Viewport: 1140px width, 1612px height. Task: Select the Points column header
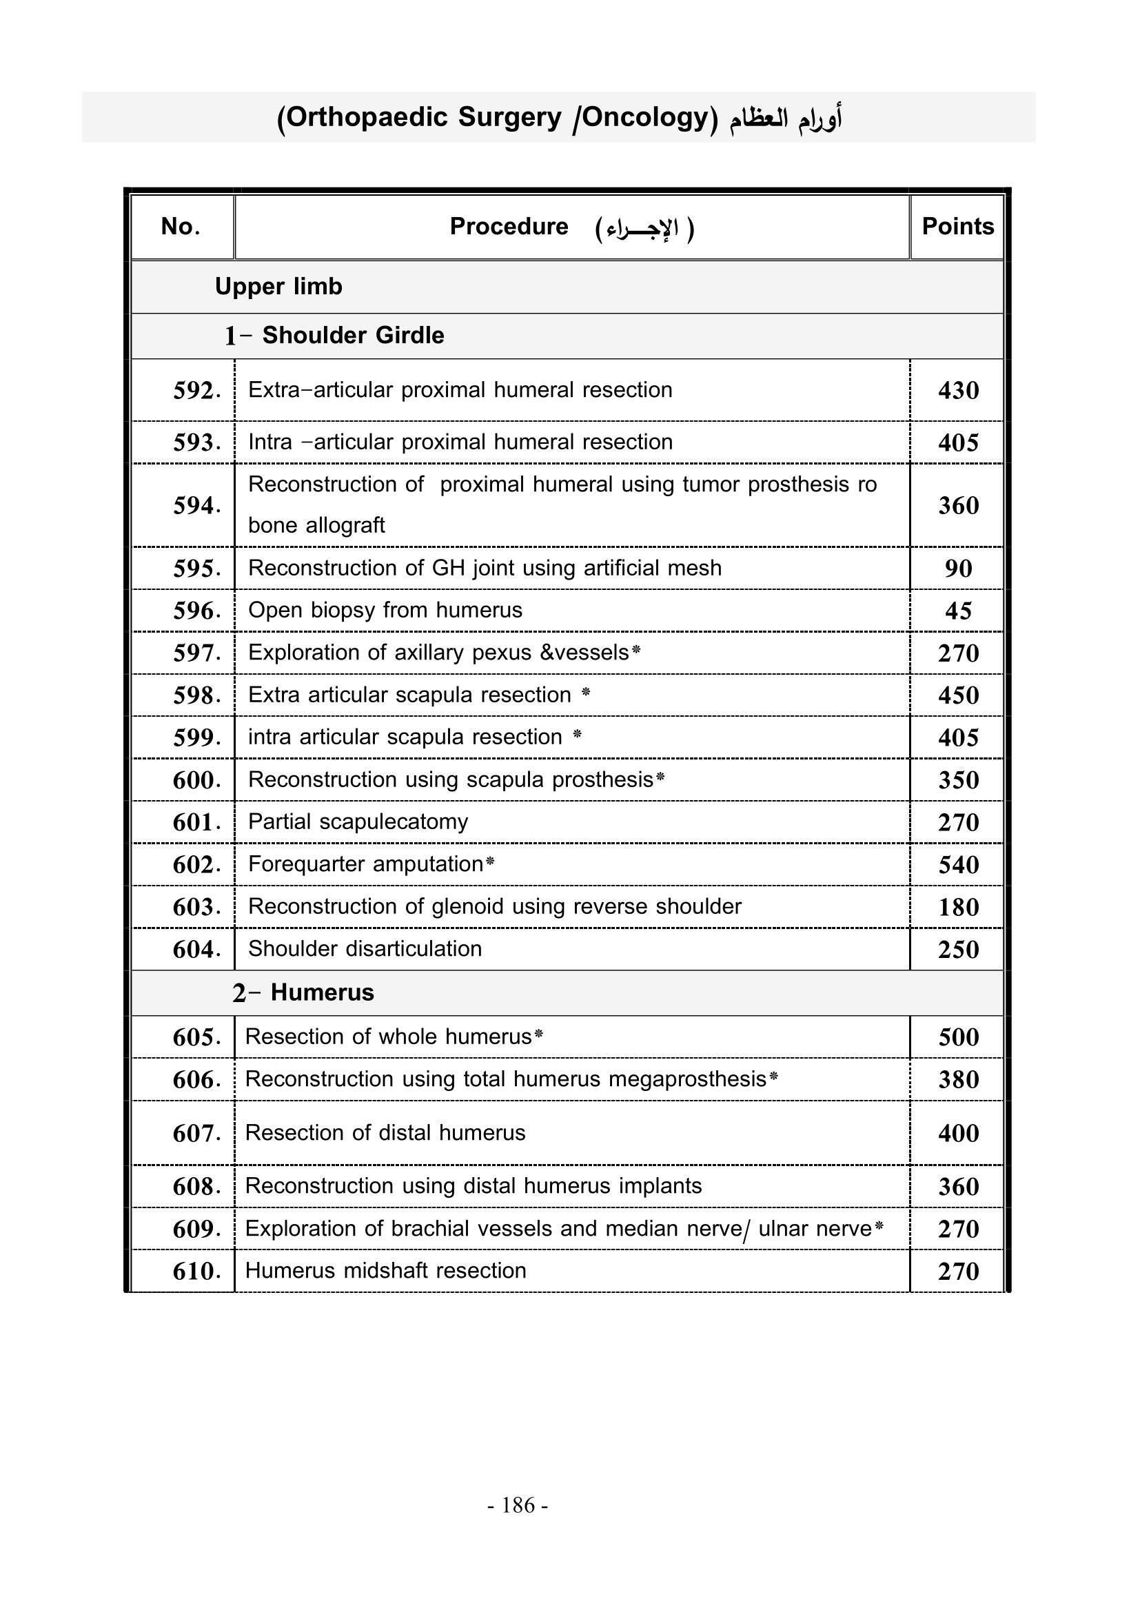pyautogui.click(x=957, y=226)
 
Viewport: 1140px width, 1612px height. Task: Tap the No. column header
pyautogui.click(x=181, y=226)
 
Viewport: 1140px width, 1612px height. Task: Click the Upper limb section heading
pyautogui.click(x=278, y=287)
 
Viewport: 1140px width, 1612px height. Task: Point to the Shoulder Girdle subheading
pyautogui.click(x=352, y=336)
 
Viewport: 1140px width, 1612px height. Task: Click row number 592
pyautogui.click(x=196, y=390)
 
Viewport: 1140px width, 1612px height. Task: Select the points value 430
pyautogui.click(x=958, y=390)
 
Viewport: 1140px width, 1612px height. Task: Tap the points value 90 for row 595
pyautogui.click(x=958, y=569)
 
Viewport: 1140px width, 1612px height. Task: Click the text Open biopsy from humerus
pyautogui.click(x=385, y=610)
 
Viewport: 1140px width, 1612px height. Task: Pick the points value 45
pyautogui.click(x=958, y=611)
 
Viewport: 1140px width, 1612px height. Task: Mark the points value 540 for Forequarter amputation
pyautogui.click(x=958, y=865)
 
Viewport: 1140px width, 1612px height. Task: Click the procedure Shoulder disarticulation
pyautogui.click(x=365, y=948)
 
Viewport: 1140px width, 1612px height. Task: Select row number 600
pyautogui.click(x=196, y=780)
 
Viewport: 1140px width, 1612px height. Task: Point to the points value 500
pyautogui.click(x=958, y=1037)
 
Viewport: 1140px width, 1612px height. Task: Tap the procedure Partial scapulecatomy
pyautogui.click(x=358, y=822)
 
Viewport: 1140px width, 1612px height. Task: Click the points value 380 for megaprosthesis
pyautogui.click(x=958, y=1079)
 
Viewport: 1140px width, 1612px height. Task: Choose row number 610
pyautogui.click(x=196, y=1271)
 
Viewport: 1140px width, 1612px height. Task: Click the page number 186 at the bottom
pyautogui.click(x=518, y=1505)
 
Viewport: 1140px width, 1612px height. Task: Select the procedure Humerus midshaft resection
pyautogui.click(x=385, y=1270)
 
